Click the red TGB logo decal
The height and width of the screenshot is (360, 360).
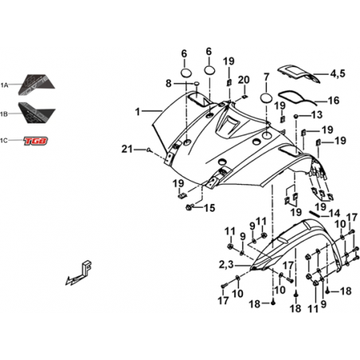point(36,141)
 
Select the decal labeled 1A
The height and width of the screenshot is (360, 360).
point(37,84)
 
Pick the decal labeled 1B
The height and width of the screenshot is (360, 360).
point(37,112)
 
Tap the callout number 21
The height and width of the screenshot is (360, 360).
point(127,149)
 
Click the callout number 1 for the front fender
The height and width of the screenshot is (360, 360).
point(137,112)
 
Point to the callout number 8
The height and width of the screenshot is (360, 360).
point(169,84)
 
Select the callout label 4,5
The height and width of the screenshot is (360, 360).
point(338,73)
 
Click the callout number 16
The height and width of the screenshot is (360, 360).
point(334,100)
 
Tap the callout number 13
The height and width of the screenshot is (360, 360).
point(317,115)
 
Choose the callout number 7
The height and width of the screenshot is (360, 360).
point(266,77)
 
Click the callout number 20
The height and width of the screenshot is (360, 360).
point(244,80)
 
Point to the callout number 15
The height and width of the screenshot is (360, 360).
point(209,208)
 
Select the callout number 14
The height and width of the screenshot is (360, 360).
point(335,213)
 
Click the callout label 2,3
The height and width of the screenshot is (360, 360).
point(226,264)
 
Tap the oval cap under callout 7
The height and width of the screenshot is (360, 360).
point(266,98)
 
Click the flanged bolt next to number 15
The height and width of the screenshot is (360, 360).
point(190,207)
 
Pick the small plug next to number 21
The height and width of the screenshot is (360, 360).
point(149,150)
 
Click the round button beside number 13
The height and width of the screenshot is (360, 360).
point(296,116)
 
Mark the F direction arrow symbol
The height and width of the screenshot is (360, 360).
point(80,272)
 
